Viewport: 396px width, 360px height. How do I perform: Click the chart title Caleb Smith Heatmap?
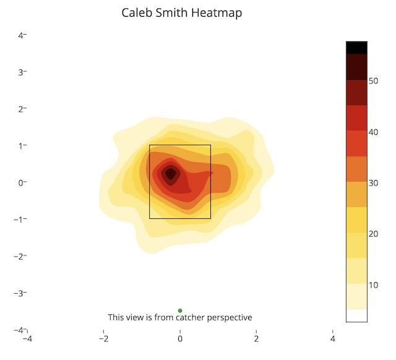[181, 12]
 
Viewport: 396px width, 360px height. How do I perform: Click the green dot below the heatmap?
[180, 311]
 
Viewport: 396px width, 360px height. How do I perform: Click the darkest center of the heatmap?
[170, 174]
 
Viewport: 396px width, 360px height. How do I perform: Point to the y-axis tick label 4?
[22, 35]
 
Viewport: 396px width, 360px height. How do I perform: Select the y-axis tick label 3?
[22, 72]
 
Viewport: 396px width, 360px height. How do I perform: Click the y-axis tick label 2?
[22, 109]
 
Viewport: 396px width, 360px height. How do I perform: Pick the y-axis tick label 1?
[22, 146]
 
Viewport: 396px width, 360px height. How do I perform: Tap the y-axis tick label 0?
[22, 182]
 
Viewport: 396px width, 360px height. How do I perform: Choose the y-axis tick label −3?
[20, 293]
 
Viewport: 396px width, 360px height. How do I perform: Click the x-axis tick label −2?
[103, 338]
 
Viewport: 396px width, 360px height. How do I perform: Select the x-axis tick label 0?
[180, 338]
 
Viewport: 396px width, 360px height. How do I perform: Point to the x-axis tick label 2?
[256, 338]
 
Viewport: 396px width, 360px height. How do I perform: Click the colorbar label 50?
[374, 80]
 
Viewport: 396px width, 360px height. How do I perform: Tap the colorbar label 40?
[374, 132]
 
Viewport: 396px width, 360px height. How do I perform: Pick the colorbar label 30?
[374, 182]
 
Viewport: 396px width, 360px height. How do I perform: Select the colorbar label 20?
[374, 234]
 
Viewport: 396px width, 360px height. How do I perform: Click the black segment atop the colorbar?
[356, 47]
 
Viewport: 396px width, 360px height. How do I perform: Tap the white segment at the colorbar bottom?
[356, 315]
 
